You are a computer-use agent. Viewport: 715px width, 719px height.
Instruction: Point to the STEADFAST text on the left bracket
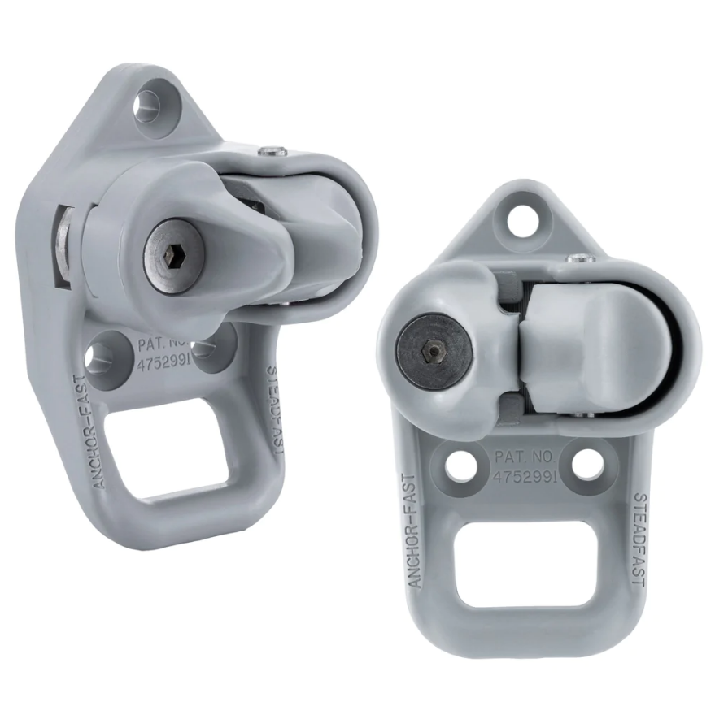pos(276,409)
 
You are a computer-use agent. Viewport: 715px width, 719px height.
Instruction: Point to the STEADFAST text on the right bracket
pos(639,539)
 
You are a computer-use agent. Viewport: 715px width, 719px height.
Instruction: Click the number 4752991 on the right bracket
pos(525,476)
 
